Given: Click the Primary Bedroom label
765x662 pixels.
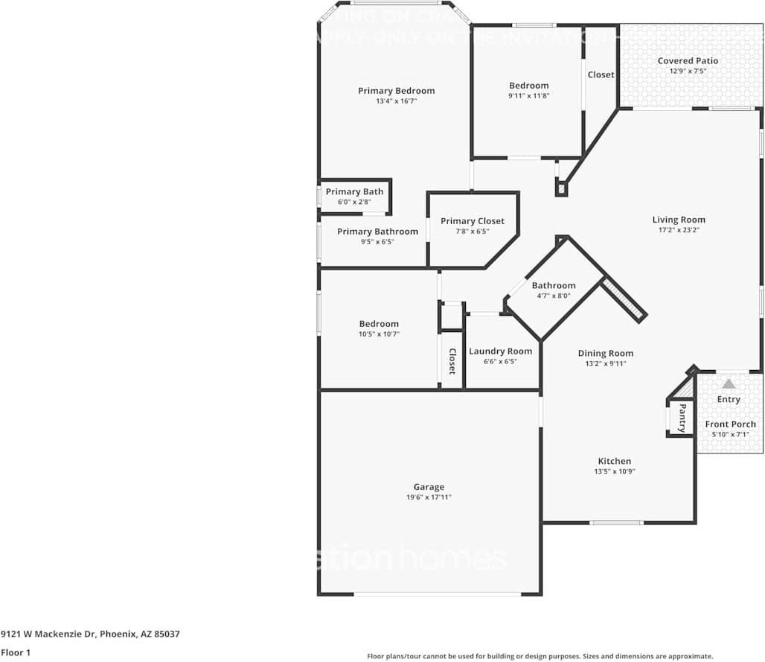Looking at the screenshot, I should (x=396, y=91).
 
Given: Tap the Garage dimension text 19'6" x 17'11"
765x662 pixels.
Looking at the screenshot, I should (x=429, y=497).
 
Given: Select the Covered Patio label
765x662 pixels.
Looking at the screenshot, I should (x=688, y=61).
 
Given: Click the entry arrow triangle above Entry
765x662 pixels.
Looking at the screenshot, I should (x=729, y=383).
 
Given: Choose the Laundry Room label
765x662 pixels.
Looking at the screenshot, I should (x=500, y=351).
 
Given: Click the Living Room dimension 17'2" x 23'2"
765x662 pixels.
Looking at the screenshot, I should (x=679, y=230).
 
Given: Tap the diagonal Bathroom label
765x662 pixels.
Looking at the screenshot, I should (x=553, y=285).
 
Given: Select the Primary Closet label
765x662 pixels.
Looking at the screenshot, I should (x=472, y=221).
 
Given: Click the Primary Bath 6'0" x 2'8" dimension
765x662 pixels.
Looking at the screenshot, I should (x=354, y=202).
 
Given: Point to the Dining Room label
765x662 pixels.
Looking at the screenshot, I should (x=606, y=354).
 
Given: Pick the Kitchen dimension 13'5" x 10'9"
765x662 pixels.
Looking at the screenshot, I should (x=615, y=471).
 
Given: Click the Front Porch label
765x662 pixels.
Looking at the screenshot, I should (x=730, y=424).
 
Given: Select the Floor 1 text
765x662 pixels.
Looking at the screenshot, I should (x=16, y=652).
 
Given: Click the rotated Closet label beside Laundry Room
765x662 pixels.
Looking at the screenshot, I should (x=452, y=361).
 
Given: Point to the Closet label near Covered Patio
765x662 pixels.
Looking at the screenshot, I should (x=601, y=74).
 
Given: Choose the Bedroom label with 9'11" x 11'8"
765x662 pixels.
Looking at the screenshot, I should (x=528, y=86).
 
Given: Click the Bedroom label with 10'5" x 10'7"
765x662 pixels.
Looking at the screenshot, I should (x=379, y=324).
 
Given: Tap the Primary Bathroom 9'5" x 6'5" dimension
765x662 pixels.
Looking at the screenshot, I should (x=377, y=242).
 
